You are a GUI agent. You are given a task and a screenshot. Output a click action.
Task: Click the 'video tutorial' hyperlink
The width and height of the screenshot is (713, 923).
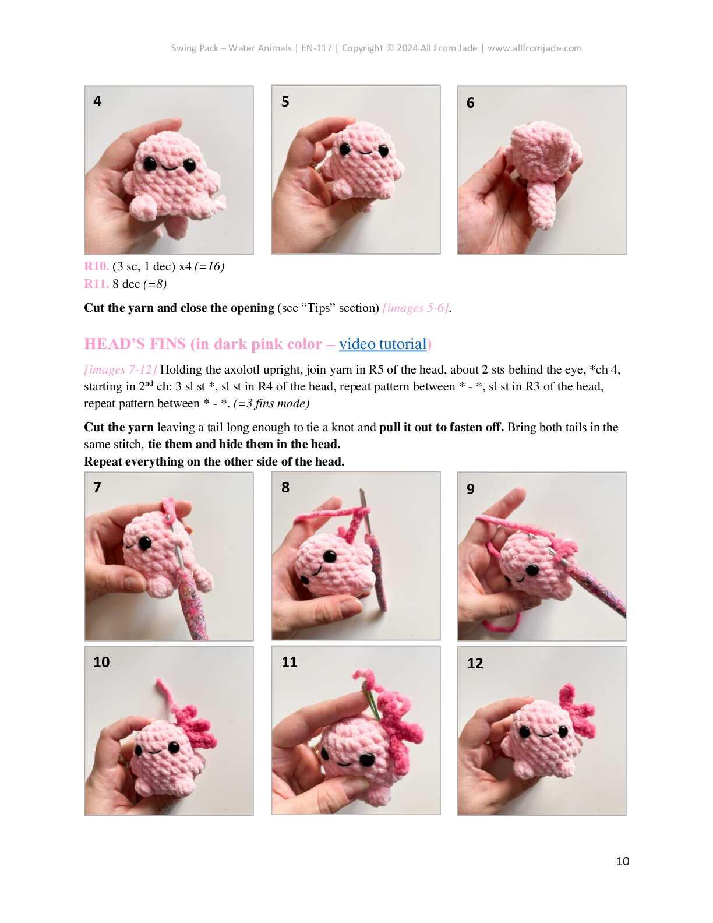click(x=383, y=344)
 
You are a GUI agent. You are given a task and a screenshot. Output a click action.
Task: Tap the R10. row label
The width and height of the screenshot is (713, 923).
click(x=96, y=266)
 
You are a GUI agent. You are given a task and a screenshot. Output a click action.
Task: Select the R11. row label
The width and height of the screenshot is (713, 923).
click(x=96, y=284)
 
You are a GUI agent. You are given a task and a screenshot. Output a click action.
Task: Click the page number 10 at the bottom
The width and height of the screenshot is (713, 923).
click(x=623, y=861)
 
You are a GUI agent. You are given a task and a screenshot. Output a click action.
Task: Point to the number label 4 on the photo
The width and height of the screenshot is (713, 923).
click(x=97, y=101)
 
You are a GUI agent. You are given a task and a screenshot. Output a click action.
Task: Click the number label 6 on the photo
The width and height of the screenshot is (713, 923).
click(x=471, y=103)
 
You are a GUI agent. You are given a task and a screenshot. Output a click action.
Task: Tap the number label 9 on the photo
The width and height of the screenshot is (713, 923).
click(x=471, y=489)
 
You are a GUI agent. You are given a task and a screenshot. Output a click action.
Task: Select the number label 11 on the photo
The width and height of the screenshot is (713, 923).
click(x=289, y=662)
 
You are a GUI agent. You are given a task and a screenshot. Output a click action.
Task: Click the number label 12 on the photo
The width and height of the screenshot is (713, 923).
click(x=475, y=664)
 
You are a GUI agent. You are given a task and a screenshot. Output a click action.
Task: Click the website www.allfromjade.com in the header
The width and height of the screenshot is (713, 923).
click(x=535, y=48)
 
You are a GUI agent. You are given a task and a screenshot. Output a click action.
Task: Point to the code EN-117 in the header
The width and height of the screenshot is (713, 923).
click(x=316, y=48)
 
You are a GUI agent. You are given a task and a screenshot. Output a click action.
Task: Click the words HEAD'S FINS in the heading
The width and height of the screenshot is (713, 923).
click(x=135, y=344)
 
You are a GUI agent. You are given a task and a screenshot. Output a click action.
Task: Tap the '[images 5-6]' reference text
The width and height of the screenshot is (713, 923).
click(x=416, y=308)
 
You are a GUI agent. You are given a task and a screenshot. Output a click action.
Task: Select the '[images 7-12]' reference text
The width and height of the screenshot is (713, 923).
click(x=120, y=369)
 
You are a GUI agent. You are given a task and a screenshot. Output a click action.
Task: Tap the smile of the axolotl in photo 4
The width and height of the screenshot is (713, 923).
click(x=170, y=167)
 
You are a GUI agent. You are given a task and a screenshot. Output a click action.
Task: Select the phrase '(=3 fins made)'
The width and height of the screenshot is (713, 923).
click(x=271, y=403)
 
